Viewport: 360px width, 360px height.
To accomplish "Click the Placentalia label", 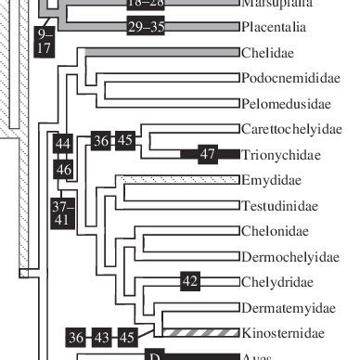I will [x=274, y=28].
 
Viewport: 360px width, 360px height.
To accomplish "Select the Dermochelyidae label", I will [x=284, y=256].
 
